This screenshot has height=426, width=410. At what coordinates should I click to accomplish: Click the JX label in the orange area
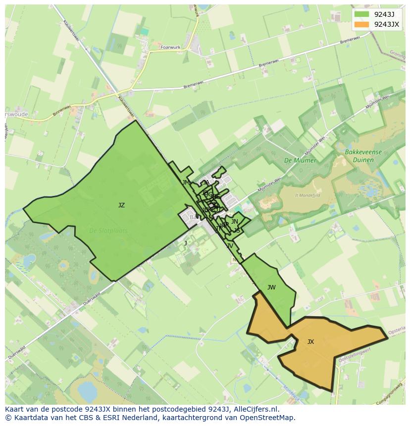click(x=310, y=342)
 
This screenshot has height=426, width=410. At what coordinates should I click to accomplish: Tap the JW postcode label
click(x=271, y=287)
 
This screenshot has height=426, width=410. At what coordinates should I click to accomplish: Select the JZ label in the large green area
click(x=121, y=205)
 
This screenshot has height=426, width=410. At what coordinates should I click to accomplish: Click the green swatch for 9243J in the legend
click(x=362, y=14)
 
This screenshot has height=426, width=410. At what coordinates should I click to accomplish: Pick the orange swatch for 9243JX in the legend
click(x=362, y=24)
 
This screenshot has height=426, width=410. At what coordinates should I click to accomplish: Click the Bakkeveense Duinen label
click(x=364, y=156)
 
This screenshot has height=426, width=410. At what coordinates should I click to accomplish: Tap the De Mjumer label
click(x=300, y=161)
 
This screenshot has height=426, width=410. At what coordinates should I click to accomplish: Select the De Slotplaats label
click(x=108, y=231)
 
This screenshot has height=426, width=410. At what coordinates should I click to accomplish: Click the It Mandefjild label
click(x=307, y=196)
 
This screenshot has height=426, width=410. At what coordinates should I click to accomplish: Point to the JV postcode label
click(x=230, y=246)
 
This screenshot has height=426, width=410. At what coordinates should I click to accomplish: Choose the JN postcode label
click(x=235, y=222)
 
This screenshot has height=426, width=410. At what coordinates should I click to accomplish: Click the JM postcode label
click(x=186, y=183)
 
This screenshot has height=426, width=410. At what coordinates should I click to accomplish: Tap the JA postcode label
click(x=206, y=183)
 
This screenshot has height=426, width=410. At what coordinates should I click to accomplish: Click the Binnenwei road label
click(x=62, y=111)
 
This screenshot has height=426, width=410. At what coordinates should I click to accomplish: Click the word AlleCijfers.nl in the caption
click(x=257, y=410)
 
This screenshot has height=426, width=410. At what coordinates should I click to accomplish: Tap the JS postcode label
click(x=237, y=231)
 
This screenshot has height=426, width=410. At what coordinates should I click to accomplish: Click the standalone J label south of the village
click(x=186, y=243)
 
